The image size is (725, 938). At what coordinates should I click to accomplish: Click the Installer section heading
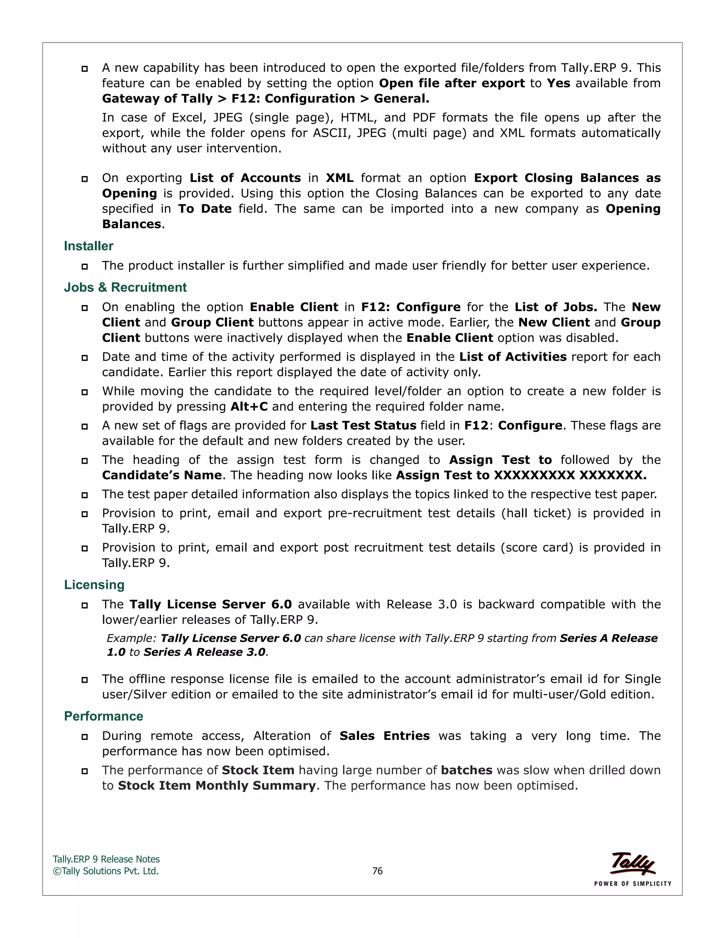pyautogui.click(x=89, y=246)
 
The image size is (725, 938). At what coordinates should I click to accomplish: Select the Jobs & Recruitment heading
pyautogui.click(x=125, y=287)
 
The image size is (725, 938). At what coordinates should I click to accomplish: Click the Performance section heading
pyautogui.click(x=103, y=716)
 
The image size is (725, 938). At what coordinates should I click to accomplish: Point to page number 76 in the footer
pyautogui.click(x=377, y=871)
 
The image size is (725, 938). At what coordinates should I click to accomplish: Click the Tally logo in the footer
pyautogui.click(x=632, y=863)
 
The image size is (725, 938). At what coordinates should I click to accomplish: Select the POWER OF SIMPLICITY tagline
pyautogui.click(x=632, y=883)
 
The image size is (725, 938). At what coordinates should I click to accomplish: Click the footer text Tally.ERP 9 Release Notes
pyautogui.click(x=106, y=859)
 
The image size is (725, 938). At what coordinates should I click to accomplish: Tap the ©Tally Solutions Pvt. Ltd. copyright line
pyautogui.click(x=105, y=871)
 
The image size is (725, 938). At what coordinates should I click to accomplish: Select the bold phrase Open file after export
pyautogui.click(x=452, y=83)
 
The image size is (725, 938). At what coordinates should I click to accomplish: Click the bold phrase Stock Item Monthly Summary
pyautogui.click(x=217, y=785)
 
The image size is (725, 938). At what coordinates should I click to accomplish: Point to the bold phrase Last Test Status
pyautogui.click(x=363, y=425)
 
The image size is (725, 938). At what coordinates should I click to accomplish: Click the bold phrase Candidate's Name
pyautogui.click(x=162, y=475)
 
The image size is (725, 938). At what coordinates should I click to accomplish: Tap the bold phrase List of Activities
pyautogui.click(x=513, y=356)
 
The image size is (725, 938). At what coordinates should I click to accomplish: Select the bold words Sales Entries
pyautogui.click(x=384, y=736)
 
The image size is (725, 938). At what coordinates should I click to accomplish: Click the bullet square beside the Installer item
pyautogui.click(x=85, y=266)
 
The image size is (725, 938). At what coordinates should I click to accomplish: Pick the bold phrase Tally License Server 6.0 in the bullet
pyautogui.click(x=211, y=604)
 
